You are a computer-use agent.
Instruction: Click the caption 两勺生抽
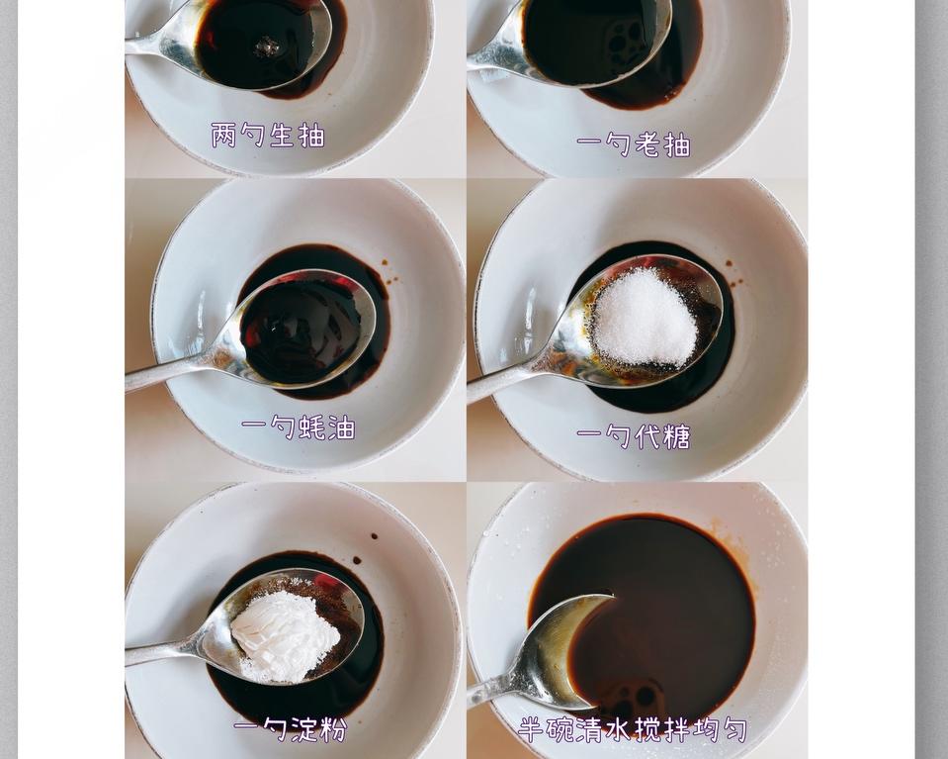pyautogui.click(x=268, y=136)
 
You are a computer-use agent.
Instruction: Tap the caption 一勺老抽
pyautogui.click(x=634, y=145)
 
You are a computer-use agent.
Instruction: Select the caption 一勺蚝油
pyautogui.click(x=299, y=427)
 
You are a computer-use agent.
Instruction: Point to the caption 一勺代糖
pyautogui.click(x=634, y=436)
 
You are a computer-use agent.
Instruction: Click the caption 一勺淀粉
pyautogui.click(x=291, y=730)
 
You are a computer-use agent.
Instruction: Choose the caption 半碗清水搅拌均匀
pyautogui.click(x=634, y=730)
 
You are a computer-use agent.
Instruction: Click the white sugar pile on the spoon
pyautogui.click(x=644, y=317)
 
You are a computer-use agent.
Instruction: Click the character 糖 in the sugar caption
pyautogui.click(x=677, y=436)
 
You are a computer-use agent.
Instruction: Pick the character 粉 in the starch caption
pyautogui.click(x=334, y=730)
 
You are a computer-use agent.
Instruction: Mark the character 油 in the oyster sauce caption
pyautogui.click(x=342, y=427)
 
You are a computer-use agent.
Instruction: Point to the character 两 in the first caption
pyautogui.click(x=223, y=136)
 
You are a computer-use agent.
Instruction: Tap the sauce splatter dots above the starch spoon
pyautogui.click(x=373, y=538)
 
